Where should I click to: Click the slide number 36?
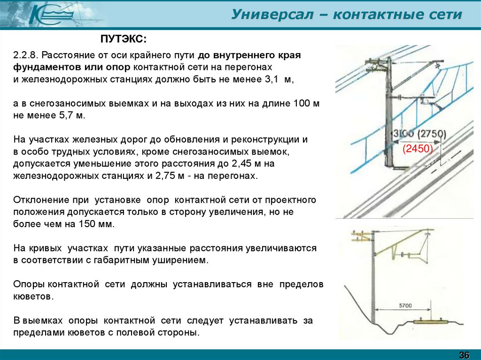point(464,354)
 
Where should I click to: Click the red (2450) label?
point(417,149)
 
